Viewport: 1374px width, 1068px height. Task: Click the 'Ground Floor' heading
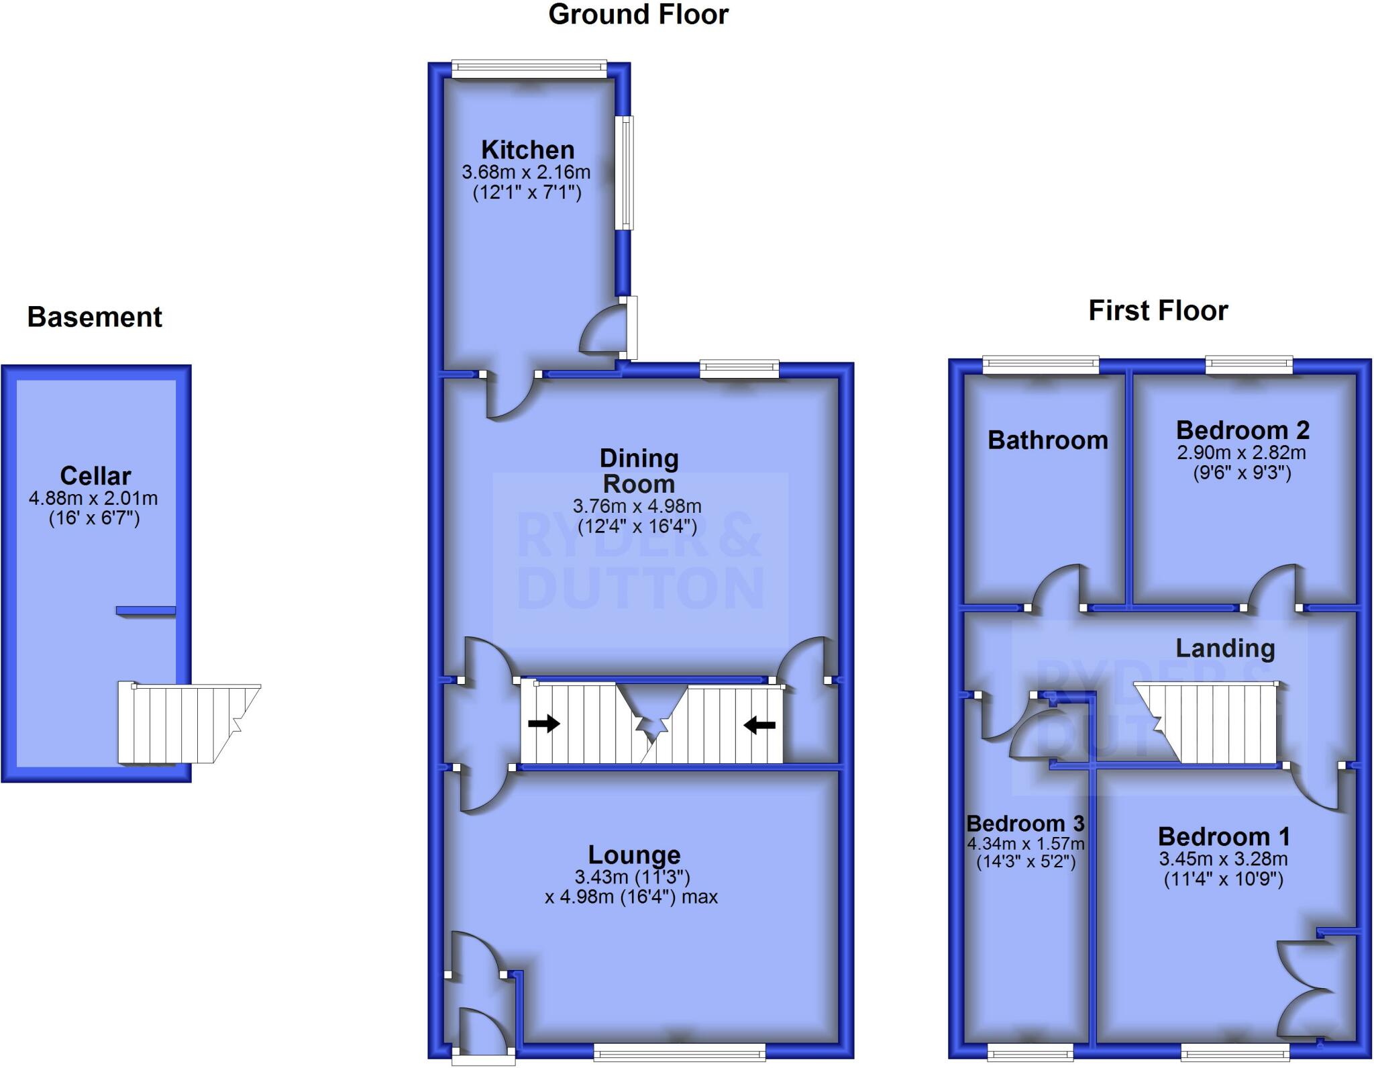pos(638,15)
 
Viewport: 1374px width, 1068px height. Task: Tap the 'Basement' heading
pos(95,317)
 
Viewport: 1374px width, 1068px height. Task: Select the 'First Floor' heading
pos(1158,311)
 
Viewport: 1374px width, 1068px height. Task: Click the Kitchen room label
pos(528,149)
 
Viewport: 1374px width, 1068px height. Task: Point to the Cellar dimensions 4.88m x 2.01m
pos(93,498)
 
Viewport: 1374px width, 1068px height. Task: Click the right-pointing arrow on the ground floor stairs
pos(544,724)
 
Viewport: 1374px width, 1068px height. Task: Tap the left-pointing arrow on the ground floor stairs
pos(759,725)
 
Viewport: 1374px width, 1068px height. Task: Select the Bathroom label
pos(1048,440)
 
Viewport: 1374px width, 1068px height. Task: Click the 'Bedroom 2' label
pos(1243,430)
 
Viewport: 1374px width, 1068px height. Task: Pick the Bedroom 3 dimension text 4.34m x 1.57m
pos(1026,844)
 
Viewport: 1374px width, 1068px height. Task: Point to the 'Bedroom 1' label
pos(1224,836)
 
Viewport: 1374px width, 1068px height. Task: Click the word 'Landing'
pos(1225,648)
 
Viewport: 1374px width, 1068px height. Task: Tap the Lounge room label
pos(634,855)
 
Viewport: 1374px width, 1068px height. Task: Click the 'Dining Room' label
pos(639,471)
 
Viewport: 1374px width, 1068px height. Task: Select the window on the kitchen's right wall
pos(625,173)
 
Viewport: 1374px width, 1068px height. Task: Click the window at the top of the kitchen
pos(529,68)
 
